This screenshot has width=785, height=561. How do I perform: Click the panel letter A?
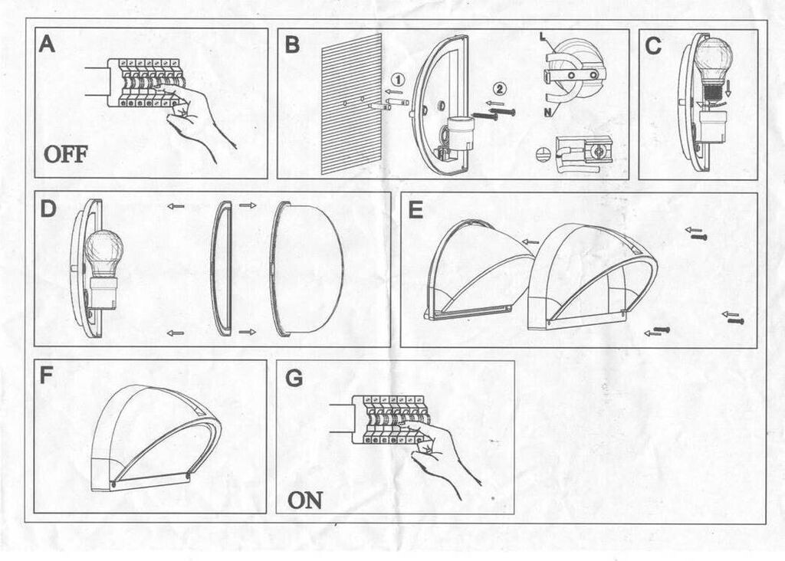[x=48, y=44]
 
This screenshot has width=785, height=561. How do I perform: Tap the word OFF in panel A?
[x=65, y=154]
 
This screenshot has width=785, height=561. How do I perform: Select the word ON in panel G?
[x=304, y=500]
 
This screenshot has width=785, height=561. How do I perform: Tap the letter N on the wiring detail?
[x=547, y=113]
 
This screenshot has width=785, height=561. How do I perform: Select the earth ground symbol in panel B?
[x=544, y=154]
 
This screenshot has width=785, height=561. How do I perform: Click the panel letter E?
[x=415, y=208]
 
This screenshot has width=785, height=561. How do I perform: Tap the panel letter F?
[x=47, y=376]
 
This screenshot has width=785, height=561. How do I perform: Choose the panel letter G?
[x=294, y=378]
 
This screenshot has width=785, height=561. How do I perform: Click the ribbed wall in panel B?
[x=352, y=103]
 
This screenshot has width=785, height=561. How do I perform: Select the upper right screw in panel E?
[x=698, y=236]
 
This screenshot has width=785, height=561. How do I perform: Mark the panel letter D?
[x=48, y=208]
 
